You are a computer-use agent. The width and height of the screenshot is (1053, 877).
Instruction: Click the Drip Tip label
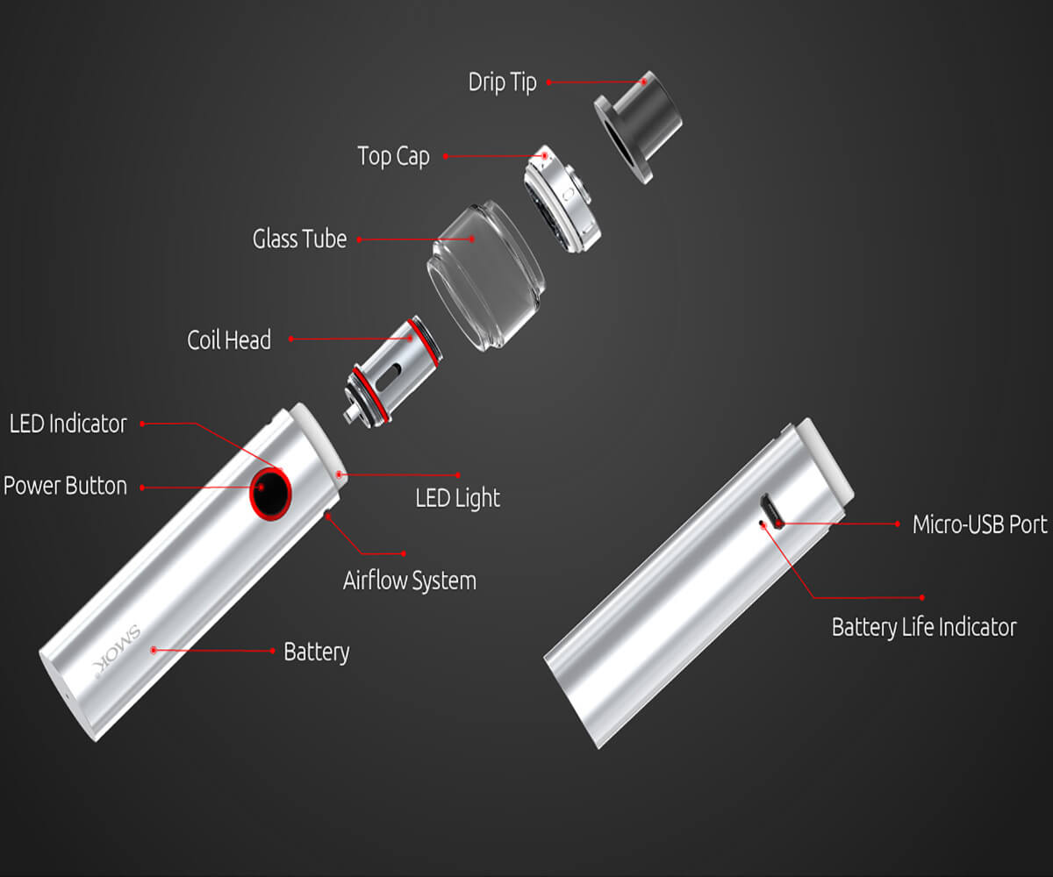(x=502, y=82)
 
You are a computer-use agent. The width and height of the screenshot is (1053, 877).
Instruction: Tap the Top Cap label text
(x=393, y=156)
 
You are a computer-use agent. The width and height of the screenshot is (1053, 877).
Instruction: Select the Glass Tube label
(x=299, y=239)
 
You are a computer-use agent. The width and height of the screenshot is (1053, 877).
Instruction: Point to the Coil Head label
(x=229, y=340)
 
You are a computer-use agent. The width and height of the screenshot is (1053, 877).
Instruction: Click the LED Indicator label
(x=68, y=424)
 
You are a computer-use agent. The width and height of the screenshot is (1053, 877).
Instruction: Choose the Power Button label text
(x=65, y=486)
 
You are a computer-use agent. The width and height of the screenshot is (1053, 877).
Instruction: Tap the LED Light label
(x=458, y=498)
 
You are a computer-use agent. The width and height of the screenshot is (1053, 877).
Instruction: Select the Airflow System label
(x=410, y=581)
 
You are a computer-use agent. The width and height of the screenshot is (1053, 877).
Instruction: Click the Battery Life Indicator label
(x=924, y=628)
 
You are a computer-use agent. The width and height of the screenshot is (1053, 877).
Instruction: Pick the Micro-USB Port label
(x=980, y=524)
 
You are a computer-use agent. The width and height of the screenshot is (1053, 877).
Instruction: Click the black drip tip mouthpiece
(x=639, y=126)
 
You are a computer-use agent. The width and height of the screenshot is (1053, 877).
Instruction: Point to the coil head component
(x=393, y=373)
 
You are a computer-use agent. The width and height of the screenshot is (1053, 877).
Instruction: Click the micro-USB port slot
(x=771, y=510)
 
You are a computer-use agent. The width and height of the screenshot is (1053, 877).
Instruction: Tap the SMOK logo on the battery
(x=117, y=652)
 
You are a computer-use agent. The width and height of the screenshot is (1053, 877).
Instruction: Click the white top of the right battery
(x=824, y=460)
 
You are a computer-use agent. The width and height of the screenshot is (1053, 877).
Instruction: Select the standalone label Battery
(x=317, y=652)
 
